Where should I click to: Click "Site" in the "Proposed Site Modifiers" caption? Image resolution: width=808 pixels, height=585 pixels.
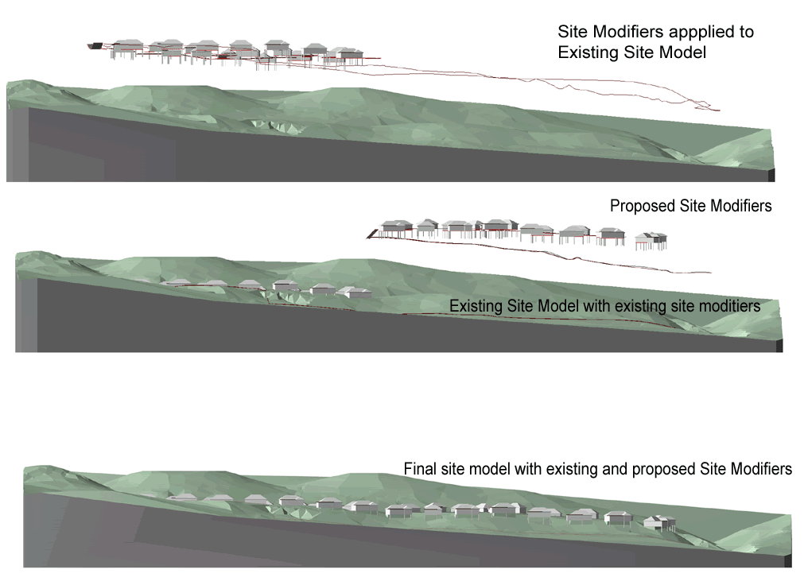(693, 206)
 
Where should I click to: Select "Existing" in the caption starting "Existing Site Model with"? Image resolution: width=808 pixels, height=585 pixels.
(476, 306)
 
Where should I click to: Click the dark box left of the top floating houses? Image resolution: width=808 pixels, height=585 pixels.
(97, 47)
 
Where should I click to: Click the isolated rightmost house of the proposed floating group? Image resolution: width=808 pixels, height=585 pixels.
(651, 239)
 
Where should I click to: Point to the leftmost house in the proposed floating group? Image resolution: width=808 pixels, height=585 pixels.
(395, 227)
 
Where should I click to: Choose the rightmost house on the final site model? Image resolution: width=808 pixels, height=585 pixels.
(659, 522)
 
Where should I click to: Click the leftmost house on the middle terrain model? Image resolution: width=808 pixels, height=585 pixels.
(175, 282)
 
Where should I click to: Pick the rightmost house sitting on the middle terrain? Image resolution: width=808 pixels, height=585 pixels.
(356, 292)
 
